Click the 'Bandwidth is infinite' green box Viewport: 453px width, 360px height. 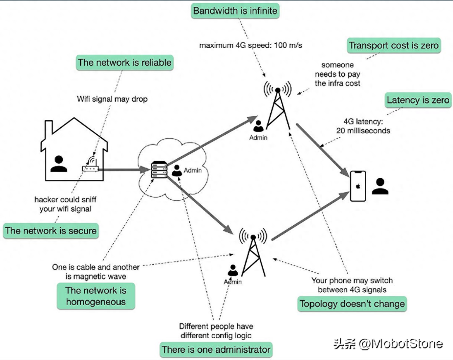pos(235,11)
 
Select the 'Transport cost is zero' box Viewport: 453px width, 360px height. pos(394,45)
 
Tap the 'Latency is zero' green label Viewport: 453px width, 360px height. pos(418,100)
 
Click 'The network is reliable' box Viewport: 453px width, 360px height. pos(125,63)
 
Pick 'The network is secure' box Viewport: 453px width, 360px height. pos(51,231)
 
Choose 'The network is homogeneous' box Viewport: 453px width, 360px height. pos(96,296)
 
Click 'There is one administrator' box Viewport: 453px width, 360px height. pos(216,350)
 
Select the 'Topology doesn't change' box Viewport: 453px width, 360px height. pos(352,304)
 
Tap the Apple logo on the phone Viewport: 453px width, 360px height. pos(358,186)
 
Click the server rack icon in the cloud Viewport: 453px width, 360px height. pos(159,169)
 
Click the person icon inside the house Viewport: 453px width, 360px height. pos(59,164)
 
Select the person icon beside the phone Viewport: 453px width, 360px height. pos(380,186)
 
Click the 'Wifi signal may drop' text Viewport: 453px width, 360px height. pos(112,99)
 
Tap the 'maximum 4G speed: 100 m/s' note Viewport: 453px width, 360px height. pos(250,45)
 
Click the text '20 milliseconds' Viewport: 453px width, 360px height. pos(363,131)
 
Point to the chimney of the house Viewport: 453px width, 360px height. pos(49,127)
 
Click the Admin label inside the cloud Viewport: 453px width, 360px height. pos(193,170)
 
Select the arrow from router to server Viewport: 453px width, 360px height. pos(125,169)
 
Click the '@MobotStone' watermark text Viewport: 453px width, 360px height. pos(400,344)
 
